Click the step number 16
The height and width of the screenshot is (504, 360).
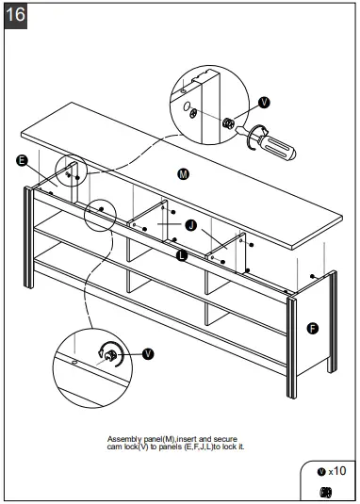tap(15, 15)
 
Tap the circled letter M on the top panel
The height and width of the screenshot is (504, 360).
tap(183, 174)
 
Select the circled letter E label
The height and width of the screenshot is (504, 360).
tap(22, 160)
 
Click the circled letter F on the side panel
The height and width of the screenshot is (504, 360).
tap(313, 329)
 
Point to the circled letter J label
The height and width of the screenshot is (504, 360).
tap(191, 225)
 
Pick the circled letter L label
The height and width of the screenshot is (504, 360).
tap(182, 255)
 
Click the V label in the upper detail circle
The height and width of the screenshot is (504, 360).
tap(264, 103)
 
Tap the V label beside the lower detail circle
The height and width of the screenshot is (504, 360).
tap(148, 354)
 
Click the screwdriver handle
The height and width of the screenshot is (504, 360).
tap(279, 147)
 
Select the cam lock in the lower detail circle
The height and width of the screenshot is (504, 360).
tap(111, 355)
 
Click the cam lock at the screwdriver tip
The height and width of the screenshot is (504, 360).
tap(228, 122)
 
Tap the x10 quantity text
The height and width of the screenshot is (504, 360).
tap(336, 471)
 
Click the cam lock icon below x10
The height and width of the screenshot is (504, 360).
tap(326, 492)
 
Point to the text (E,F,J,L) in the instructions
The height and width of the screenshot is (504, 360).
tap(199, 447)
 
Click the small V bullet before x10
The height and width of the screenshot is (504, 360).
tap(321, 472)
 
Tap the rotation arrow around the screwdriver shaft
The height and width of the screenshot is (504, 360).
tap(254, 138)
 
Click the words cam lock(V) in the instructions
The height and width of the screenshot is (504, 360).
tap(128, 447)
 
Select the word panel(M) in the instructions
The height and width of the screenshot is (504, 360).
tap(159, 439)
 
